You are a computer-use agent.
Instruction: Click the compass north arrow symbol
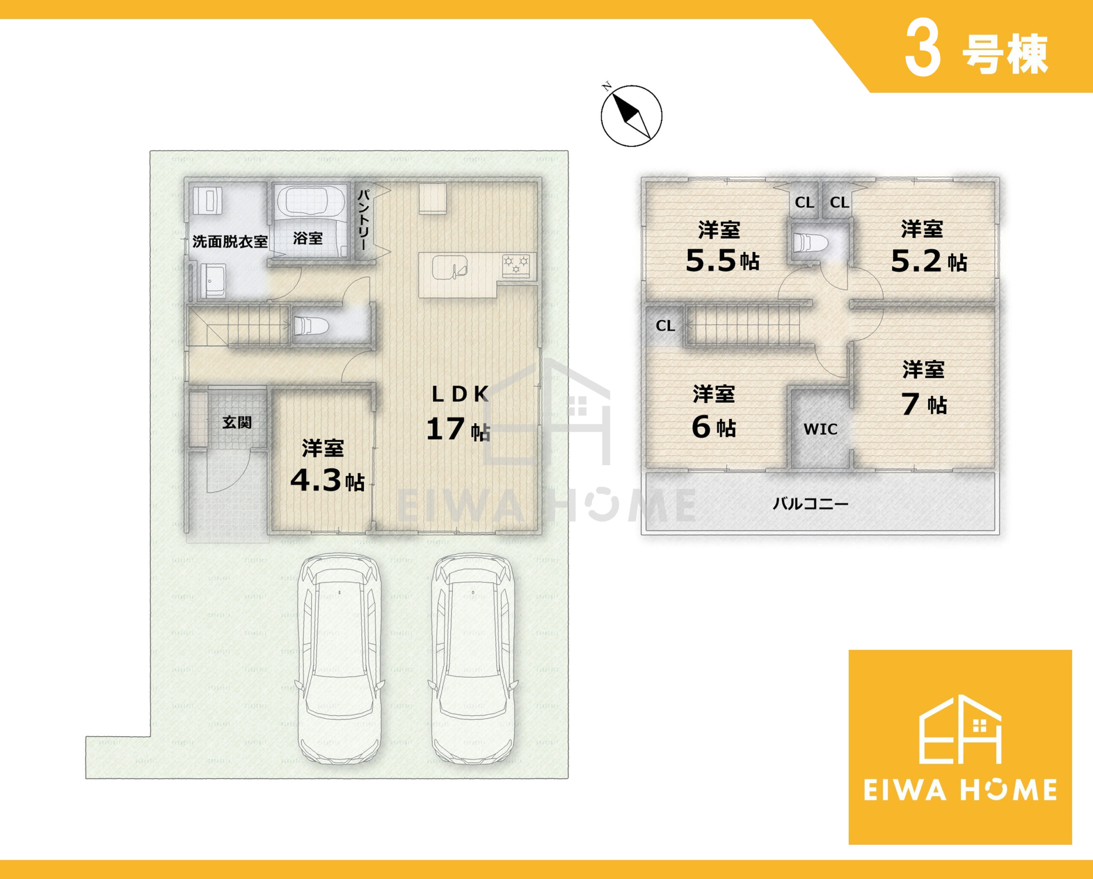pyautogui.click(x=631, y=116)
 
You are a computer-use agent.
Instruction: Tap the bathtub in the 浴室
pyautogui.click(x=310, y=202)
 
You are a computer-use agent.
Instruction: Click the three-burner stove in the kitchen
pyautogui.click(x=516, y=265)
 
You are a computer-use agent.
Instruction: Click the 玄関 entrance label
pyautogui.click(x=237, y=422)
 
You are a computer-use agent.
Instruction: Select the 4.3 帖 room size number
pyautogui.click(x=316, y=480)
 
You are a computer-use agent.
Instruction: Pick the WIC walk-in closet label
pyautogui.click(x=820, y=429)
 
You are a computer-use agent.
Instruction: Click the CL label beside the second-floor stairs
pyautogui.click(x=665, y=325)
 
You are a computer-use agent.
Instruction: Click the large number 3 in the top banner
pyautogui.click(x=923, y=55)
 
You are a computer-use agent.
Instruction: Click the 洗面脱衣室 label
pyautogui.click(x=230, y=242)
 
